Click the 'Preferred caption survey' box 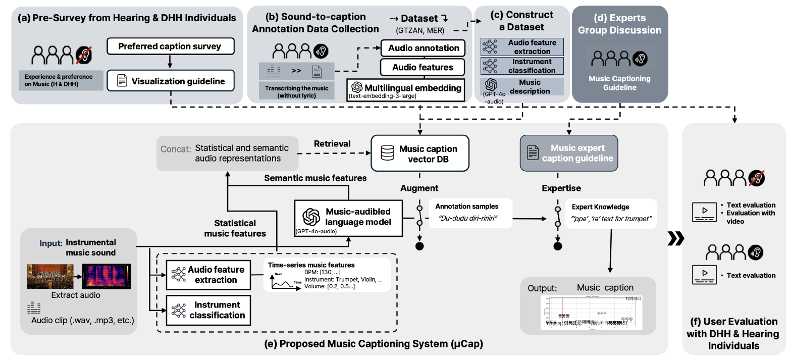170,46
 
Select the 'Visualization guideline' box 170,81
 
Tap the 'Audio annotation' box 424,48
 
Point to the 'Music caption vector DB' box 420,154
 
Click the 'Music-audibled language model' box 347,217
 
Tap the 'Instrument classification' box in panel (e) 208,310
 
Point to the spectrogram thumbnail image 106,276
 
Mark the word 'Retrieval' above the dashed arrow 332,144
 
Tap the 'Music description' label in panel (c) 530,86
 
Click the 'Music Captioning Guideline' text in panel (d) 619,83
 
